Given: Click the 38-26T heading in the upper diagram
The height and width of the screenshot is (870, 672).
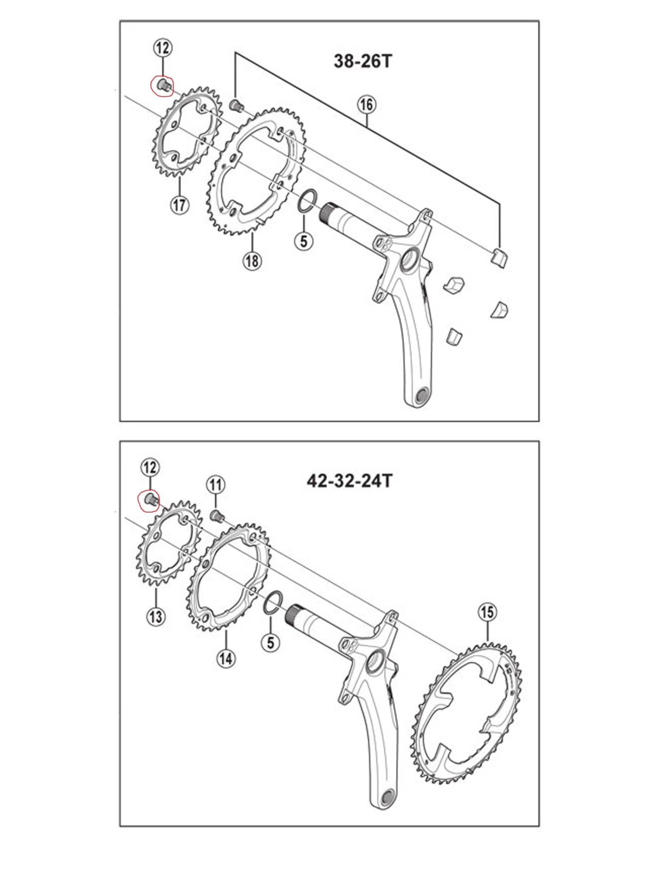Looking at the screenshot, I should point(362,61).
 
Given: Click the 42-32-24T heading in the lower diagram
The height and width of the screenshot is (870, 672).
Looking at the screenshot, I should point(349,481).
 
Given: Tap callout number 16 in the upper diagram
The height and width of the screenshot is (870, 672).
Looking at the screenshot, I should point(366,104).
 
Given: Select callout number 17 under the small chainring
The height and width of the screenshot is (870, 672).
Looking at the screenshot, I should point(180,205).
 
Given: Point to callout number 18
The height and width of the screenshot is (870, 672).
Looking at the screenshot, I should point(252,260).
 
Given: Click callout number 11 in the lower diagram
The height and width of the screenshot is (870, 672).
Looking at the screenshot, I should point(215,485).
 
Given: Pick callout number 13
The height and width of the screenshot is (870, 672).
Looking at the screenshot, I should point(156,616).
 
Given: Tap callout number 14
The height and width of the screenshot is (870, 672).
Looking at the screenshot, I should point(226,658).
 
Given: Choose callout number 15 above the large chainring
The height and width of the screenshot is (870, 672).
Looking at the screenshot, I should point(487,612).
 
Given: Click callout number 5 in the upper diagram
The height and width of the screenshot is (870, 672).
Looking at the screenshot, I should point(304,241).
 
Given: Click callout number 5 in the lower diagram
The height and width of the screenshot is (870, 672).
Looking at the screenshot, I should point(270,643).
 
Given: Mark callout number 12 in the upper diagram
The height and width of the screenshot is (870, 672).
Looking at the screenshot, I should point(163,48).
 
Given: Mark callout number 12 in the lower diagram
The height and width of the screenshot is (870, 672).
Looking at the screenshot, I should point(150,467).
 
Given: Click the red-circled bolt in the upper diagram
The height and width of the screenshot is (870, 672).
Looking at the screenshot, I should point(163,85).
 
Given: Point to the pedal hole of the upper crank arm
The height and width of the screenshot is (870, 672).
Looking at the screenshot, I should point(421,395).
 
